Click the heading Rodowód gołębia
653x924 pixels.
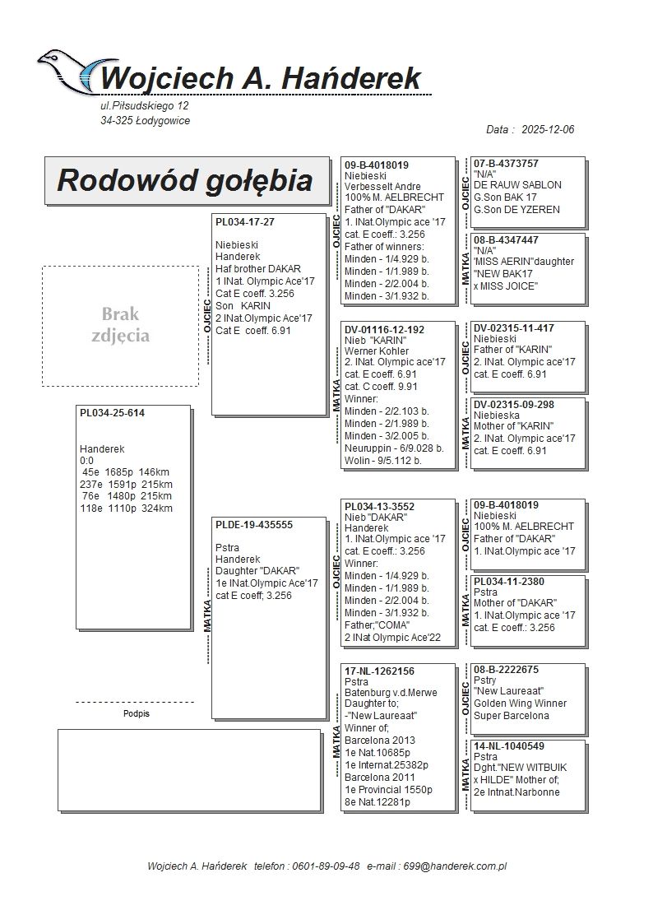(185, 180)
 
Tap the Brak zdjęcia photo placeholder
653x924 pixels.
(120, 325)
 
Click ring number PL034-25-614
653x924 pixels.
(112, 413)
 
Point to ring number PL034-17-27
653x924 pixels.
(245, 222)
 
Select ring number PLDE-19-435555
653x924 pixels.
(254, 524)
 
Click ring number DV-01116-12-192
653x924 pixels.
(384, 329)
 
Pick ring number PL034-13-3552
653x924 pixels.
(380, 506)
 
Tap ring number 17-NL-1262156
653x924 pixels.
(379, 671)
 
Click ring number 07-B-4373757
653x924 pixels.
(506, 164)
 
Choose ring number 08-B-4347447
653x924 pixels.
(506, 240)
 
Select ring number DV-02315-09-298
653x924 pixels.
(514, 404)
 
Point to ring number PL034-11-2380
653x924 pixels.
(509, 581)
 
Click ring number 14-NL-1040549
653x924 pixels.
(508, 746)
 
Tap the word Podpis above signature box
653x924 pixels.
(136, 713)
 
